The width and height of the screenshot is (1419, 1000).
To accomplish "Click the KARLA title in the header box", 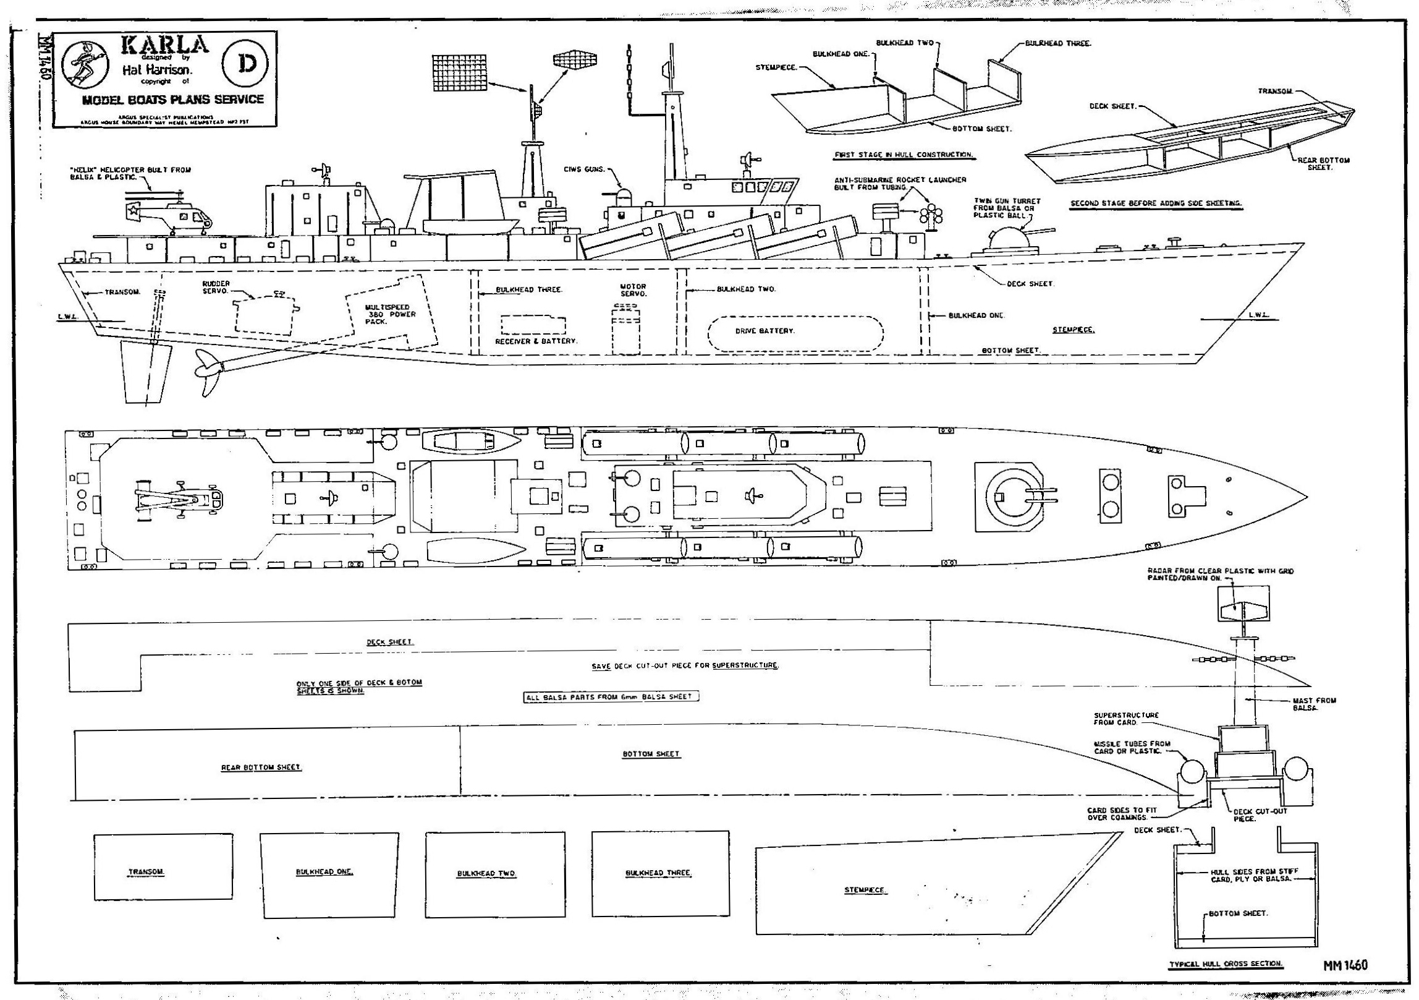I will point(165,45).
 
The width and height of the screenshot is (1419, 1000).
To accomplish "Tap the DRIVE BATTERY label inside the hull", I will point(765,331).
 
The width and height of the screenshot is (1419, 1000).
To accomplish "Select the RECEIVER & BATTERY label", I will point(536,341).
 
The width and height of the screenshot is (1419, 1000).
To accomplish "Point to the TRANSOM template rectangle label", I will point(146,872).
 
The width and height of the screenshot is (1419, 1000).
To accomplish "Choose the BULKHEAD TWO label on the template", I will point(486,873).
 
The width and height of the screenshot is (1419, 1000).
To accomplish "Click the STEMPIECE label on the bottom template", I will point(865,890).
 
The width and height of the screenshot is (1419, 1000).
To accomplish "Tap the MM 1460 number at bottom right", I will point(1344,965).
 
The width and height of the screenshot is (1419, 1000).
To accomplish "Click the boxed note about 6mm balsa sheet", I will point(611,696).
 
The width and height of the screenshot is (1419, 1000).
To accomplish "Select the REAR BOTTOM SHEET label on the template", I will point(261,767).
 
